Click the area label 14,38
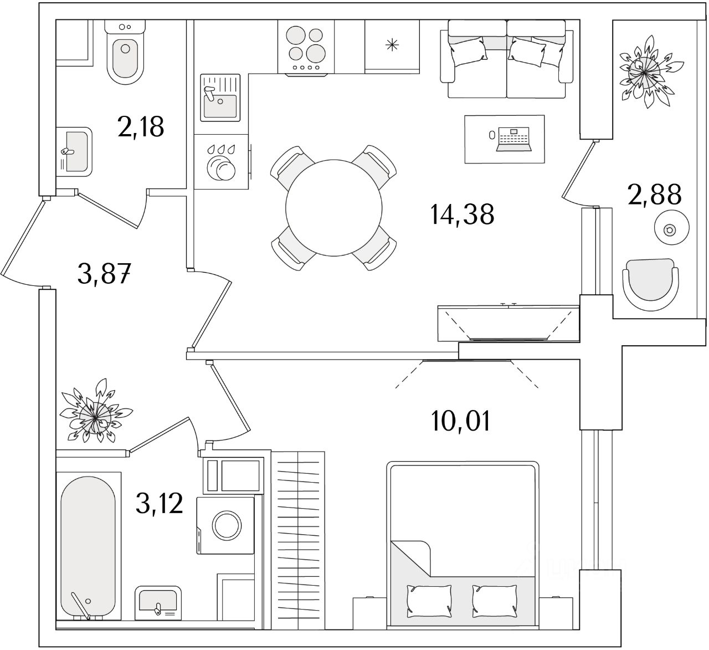click(462, 214)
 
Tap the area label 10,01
click(460, 422)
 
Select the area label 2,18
click(141, 127)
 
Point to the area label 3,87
click(104, 274)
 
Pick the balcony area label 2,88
click(654, 195)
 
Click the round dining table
click(334, 207)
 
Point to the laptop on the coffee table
click(515, 139)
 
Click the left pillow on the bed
click(423, 598)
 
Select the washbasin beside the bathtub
click(157, 602)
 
